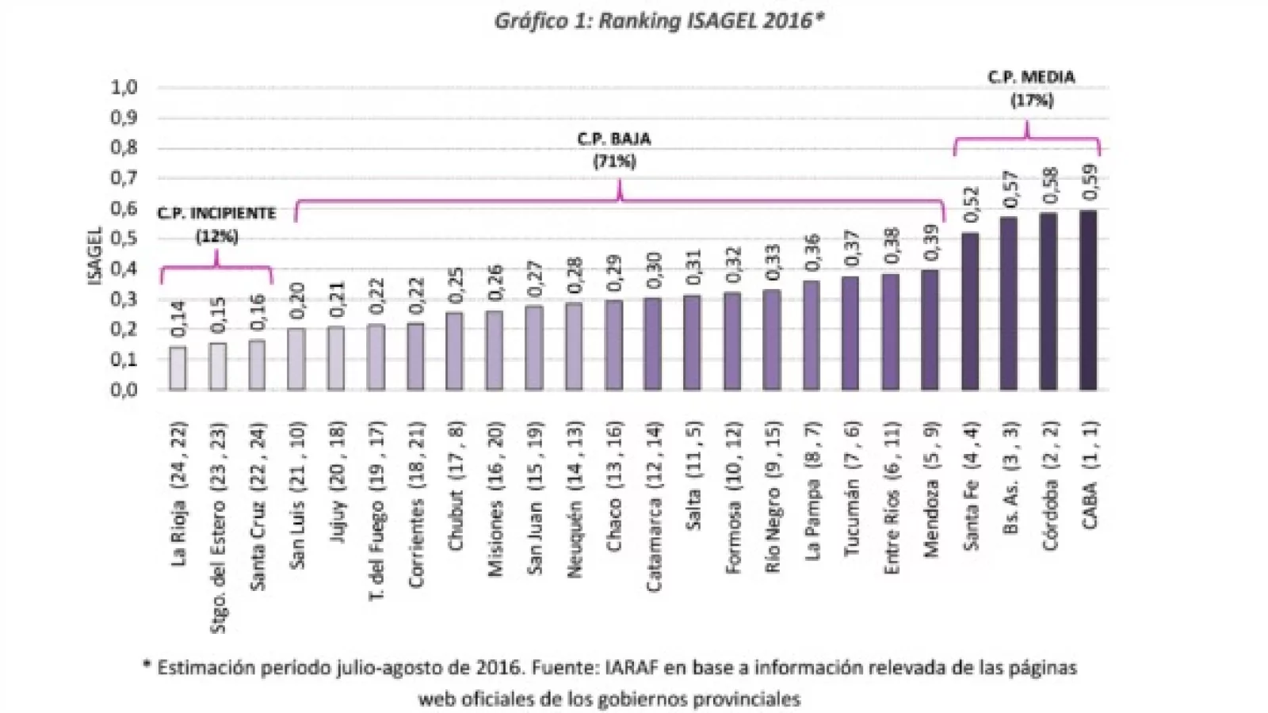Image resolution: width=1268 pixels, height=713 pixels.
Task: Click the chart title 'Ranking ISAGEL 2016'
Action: point(659,21)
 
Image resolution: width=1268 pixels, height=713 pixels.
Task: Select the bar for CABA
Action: point(1088,300)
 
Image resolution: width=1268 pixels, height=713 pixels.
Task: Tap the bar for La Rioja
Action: point(178,368)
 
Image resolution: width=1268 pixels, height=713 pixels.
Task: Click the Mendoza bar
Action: point(930,330)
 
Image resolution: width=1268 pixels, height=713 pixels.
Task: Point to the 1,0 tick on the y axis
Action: point(123,87)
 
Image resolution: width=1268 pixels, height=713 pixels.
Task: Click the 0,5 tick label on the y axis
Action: point(123,238)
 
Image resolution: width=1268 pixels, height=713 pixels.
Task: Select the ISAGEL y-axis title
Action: point(95,255)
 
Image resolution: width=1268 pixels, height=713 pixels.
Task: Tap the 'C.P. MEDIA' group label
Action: point(1031,78)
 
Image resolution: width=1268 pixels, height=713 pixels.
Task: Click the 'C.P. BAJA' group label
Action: point(614,139)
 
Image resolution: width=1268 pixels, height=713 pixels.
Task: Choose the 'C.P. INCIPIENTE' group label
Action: point(216,213)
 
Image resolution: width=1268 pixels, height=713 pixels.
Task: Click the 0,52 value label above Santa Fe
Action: point(971,204)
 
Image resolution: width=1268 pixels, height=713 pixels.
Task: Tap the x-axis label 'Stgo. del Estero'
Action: point(218,527)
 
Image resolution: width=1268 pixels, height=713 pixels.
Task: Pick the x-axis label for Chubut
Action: point(456,485)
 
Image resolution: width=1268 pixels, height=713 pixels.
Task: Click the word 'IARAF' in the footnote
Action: point(639,668)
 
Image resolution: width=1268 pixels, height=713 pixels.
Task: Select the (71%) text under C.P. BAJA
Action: point(614,162)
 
